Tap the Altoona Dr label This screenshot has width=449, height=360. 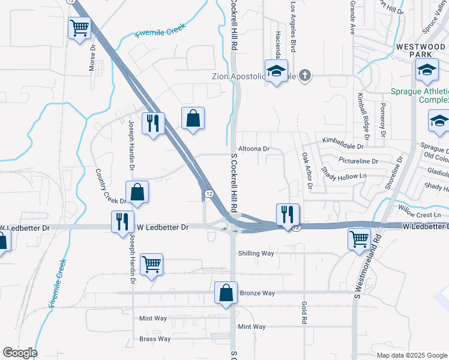(255, 148)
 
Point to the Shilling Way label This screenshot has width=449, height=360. (256, 253)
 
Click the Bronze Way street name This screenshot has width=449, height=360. (257, 293)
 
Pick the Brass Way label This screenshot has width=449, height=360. (155, 339)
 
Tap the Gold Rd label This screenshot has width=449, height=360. (304, 313)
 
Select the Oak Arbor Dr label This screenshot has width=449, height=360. (307, 170)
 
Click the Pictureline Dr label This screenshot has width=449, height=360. (358, 161)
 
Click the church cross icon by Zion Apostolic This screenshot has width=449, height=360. (305, 75)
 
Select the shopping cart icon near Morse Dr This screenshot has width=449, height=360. (79, 28)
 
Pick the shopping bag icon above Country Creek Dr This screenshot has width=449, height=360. (193, 118)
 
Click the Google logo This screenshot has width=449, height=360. (20, 353)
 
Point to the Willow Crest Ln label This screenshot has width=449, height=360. (420, 214)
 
